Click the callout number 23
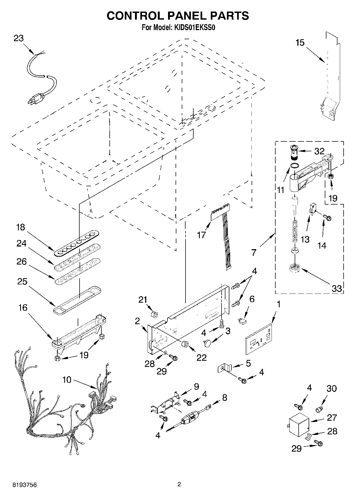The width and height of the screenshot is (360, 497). [x=19, y=38]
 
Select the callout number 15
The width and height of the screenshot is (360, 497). [x=300, y=43]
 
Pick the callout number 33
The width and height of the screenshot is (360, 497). [x=336, y=289]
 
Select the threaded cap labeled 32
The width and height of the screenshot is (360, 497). [x=295, y=152]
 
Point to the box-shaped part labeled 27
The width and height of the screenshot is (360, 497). [x=298, y=427]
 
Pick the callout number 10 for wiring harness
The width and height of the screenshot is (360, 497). [x=67, y=380]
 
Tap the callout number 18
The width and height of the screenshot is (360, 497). [x=20, y=227]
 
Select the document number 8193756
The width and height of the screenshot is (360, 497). [x=24, y=485]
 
